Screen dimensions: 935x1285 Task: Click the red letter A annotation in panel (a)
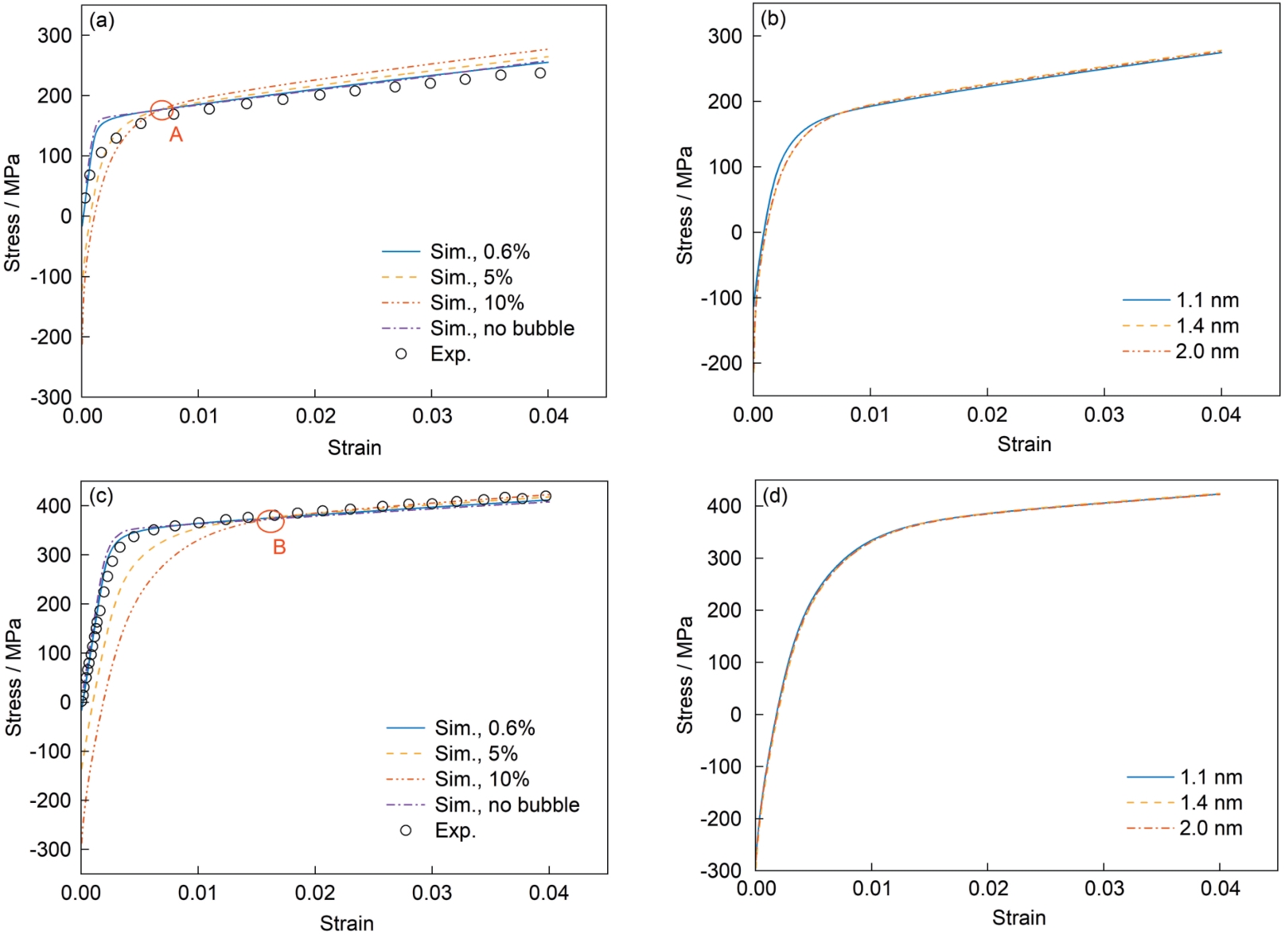click(x=176, y=134)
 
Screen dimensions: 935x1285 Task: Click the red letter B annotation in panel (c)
click(x=279, y=547)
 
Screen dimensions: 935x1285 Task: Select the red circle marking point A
click(x=162, y=111)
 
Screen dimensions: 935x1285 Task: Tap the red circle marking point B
click(x=271, y=520)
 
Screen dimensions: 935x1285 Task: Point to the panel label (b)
click(x=773, y=18)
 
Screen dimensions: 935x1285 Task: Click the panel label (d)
click(x=775, y=496)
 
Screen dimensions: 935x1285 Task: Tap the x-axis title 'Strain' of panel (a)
click(x=354, y=448)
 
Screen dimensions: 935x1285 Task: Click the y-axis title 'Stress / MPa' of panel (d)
click(x=685, y=675)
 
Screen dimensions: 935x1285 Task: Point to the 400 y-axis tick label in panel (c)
click(x=53, y=505)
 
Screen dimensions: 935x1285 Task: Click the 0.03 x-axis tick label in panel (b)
click(x=1104, y=415)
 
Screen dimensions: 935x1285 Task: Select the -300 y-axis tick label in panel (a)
click(x=51, y=396)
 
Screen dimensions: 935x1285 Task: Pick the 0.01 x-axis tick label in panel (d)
click(x=872, y=888)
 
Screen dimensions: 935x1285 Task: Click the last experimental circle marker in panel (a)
click(x=540, y=73)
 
